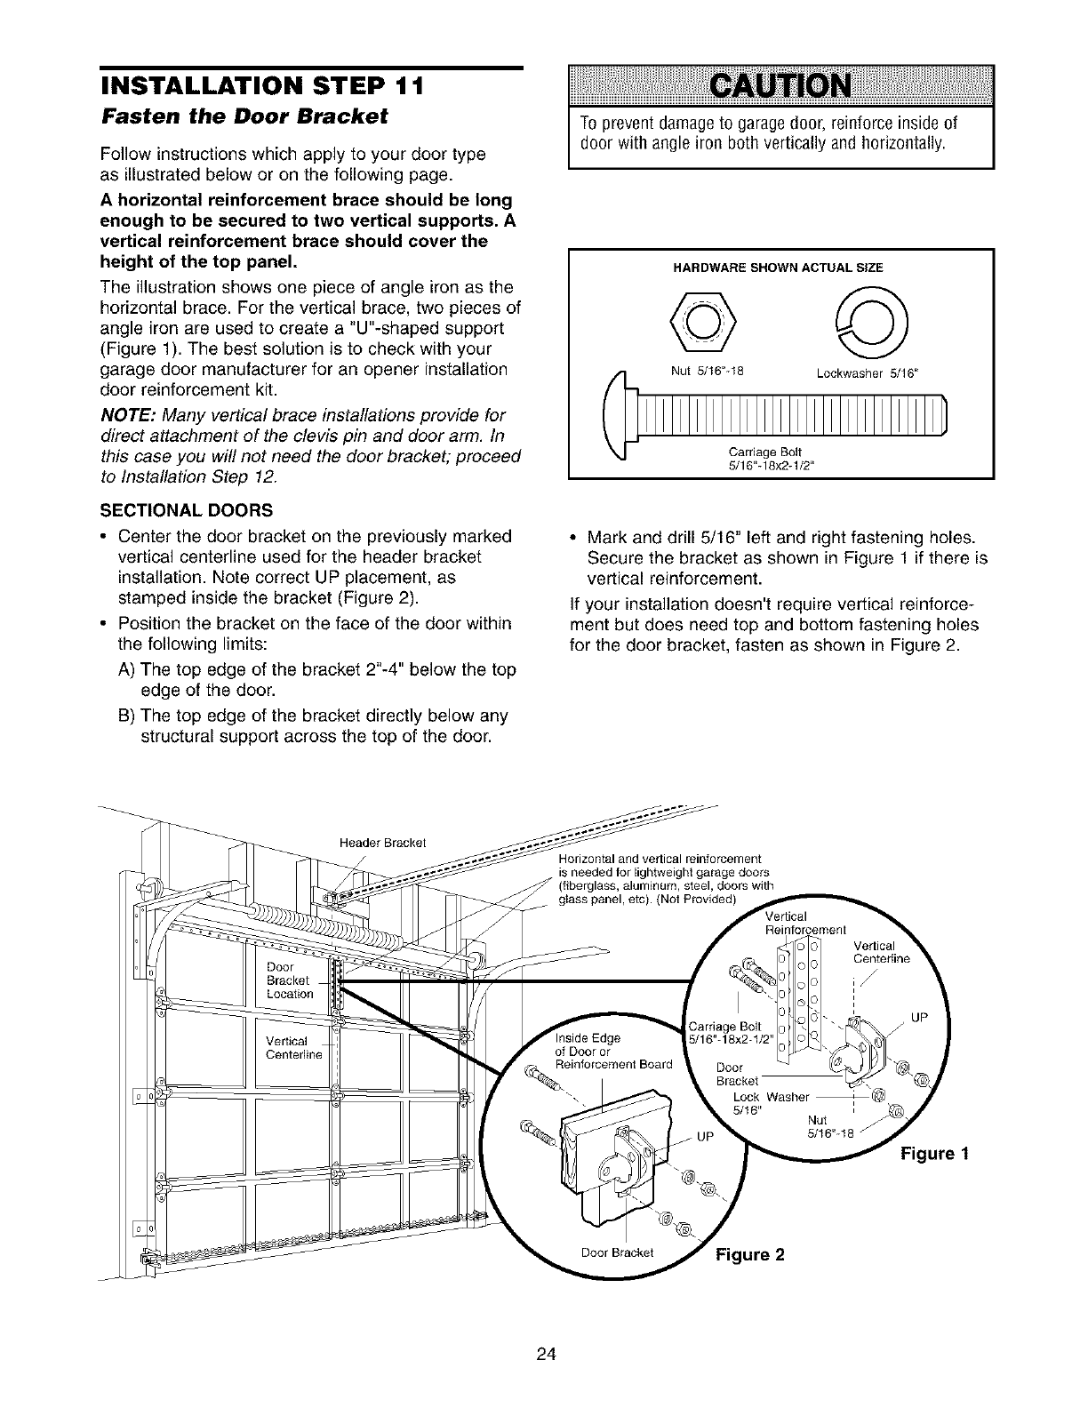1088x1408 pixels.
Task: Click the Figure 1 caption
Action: (933, 1154)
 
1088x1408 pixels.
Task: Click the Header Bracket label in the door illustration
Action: (384, 843)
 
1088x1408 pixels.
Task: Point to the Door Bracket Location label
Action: (290, 980)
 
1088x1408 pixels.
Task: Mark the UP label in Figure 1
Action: (920, 1019)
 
